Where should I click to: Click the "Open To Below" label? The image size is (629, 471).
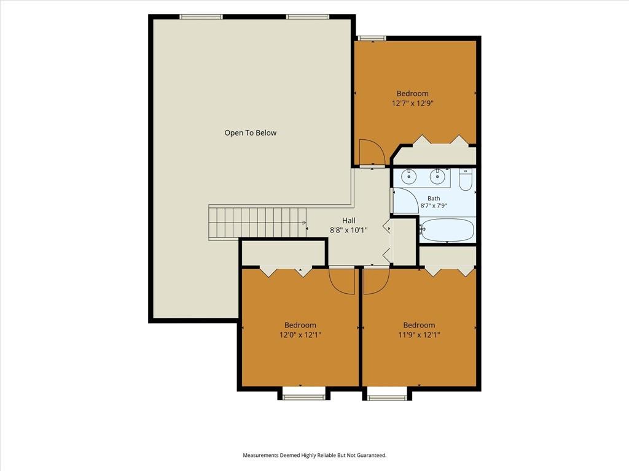point(251,133)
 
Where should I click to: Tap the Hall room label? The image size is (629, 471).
point(349,220)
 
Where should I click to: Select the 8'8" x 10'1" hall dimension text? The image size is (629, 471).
point(349,231)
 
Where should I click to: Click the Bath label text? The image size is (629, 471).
point(434,198)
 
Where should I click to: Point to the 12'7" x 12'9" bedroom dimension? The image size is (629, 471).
point(413,103)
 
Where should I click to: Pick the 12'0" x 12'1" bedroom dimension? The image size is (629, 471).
point(300,335)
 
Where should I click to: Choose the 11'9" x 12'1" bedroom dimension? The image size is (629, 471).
point(419,335)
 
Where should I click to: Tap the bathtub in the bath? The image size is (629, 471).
point(447,230)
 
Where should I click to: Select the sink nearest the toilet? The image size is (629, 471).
point(436,176)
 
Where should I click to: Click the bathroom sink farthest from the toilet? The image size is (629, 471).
point(408,176)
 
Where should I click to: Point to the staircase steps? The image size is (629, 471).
point(257,223)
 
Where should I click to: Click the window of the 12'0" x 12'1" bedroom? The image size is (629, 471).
point(304,397)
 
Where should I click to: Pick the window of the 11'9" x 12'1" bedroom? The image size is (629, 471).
point(388,397)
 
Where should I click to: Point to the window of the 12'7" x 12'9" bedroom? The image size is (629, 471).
point(372,39)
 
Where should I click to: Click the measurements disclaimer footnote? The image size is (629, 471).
point(314,455)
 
